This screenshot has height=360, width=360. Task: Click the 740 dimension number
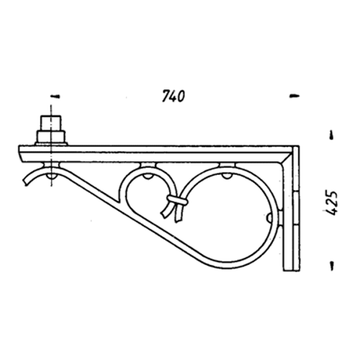pyautogui.click(x=174, y=96)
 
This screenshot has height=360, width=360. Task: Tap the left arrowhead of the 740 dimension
pyautogui.click(x=56, y=96)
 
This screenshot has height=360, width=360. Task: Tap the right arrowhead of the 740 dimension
pyautogui.click(x=294, y=96)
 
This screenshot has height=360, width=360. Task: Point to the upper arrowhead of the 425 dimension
pyautogui.click(x=332, y=135)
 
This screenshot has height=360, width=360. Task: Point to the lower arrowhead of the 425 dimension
pyautogui.click(x=332, y=266)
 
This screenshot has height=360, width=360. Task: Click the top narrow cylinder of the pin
pyautogui.click(x=51, y=123)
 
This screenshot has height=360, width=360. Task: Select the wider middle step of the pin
pyautogui.click(x=50, y=137)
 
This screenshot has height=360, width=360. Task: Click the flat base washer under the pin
pyautogui.click(x=51, y=144)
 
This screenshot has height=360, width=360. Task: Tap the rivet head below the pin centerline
pyautogui.click(x=51, y=176)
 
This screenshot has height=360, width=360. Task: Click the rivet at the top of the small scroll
pyautogui.click(x=148, y=176)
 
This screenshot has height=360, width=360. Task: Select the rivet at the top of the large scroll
pyautogui.click(x=227, y=176)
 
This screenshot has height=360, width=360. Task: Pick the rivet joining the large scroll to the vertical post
pyautogui.click(x=270, y=218)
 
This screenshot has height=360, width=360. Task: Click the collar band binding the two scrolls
pyautogui.click(x=177, y=200)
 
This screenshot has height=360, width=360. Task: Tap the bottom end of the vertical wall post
pyautogui.click(x=292, y=271)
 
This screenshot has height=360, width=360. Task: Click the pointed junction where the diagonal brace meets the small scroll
pyautogui.click(x=119, y=201)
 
